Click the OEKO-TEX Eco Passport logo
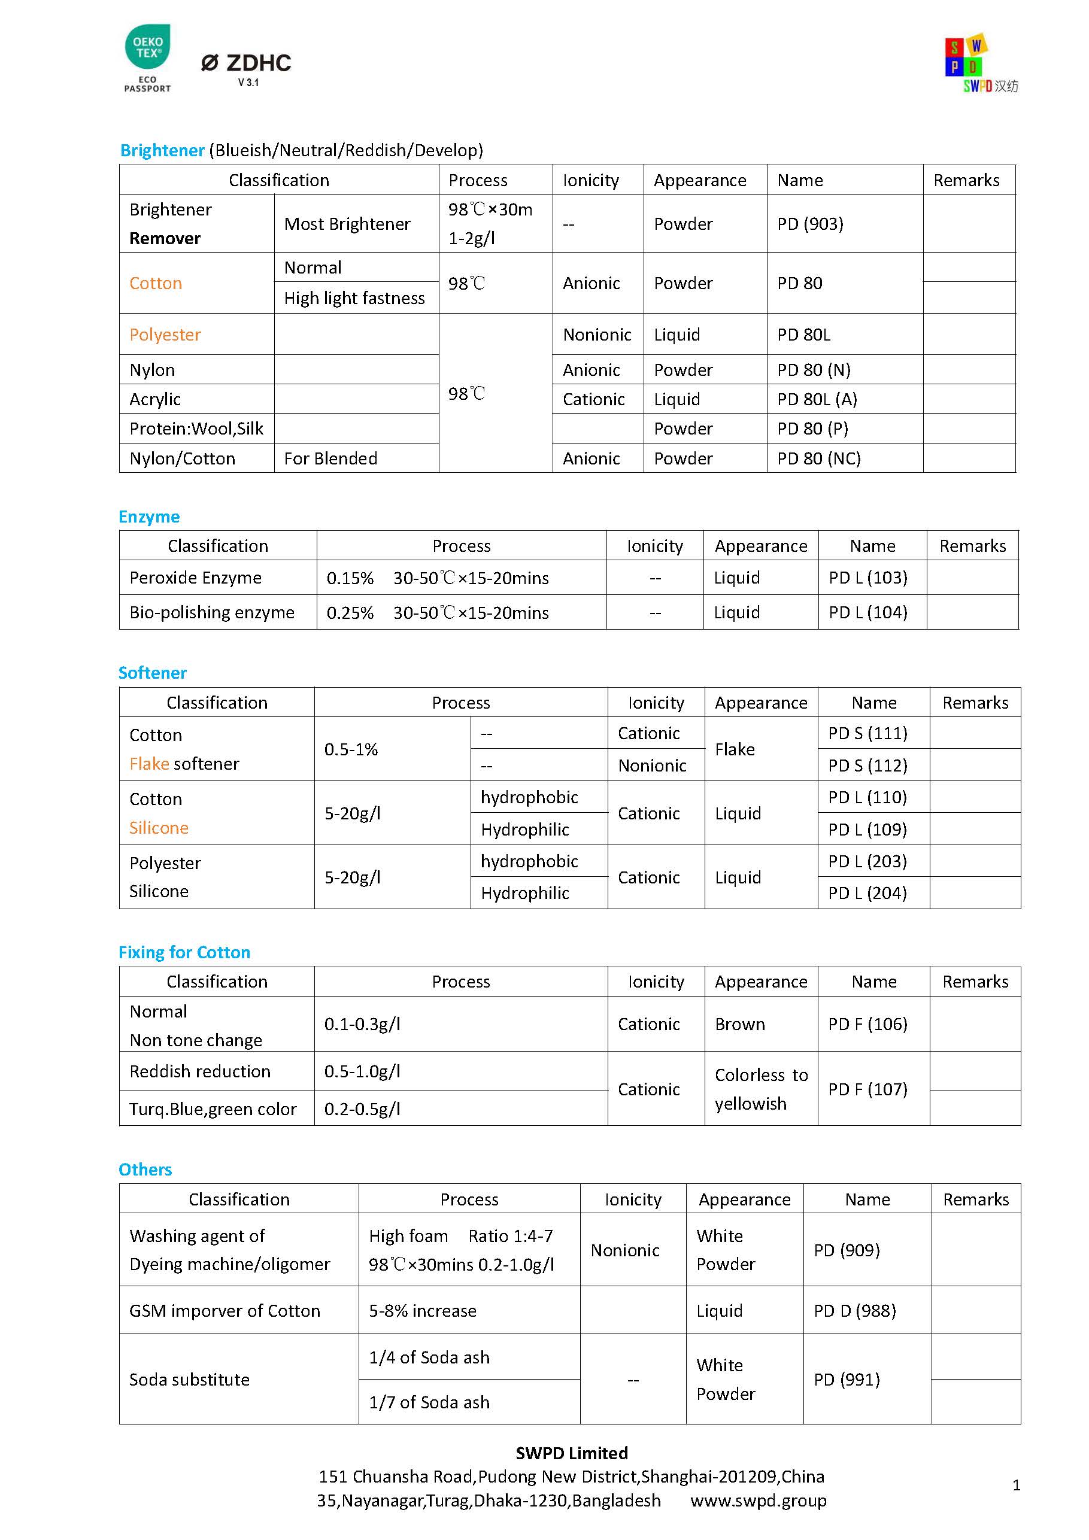148,57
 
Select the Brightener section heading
162,150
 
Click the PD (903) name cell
810,224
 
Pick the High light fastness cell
354,298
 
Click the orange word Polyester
165,335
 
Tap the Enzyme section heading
149,517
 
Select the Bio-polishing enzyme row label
212,612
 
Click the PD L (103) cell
867,578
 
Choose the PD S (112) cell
867,766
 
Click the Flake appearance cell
735,749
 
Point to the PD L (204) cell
867,893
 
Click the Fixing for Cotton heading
184,952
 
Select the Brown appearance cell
739,1024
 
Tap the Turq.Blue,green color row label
213,1108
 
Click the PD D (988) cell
854,1311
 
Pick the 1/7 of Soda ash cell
429,1402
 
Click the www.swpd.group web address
758,1500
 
